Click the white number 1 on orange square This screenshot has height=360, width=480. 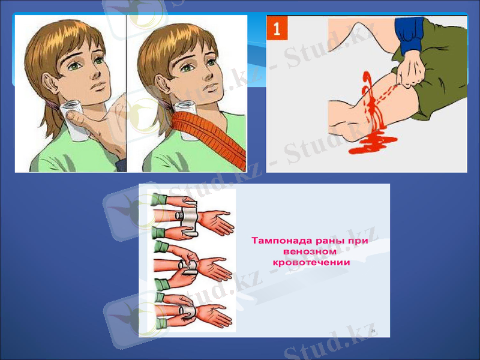(x=277, y=28)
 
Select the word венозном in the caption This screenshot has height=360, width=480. (x=308, y=251)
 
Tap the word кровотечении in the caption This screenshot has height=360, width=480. (x=311, y=262)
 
